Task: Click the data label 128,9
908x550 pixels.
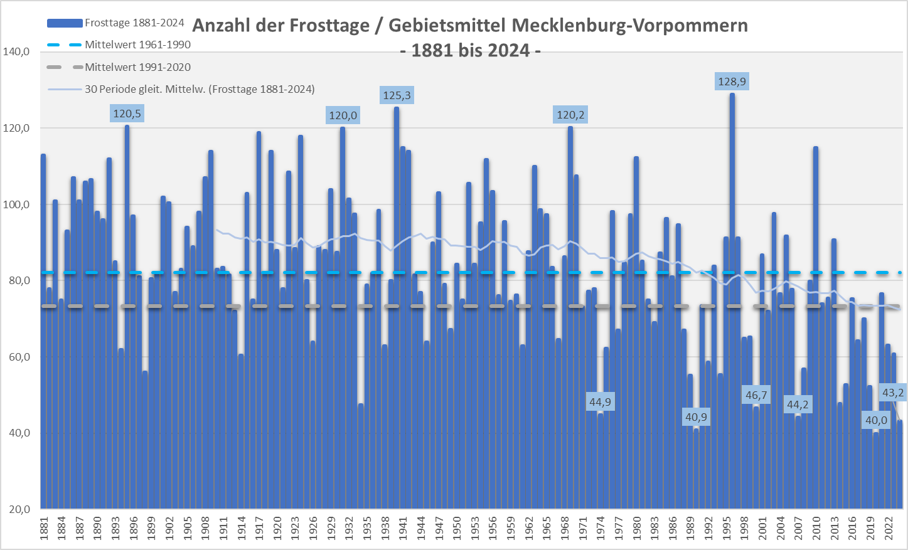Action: (732, 82)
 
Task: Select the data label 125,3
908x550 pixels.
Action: (397, 95)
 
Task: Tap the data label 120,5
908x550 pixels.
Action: (127, 114)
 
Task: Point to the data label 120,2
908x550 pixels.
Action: (570, 115)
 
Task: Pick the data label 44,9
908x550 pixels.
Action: (600, 402)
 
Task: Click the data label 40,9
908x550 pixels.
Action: (696, 417)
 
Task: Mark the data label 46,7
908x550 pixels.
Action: (756, 395)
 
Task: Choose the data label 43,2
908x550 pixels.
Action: (893, 393)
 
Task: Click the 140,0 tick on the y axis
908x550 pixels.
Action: (16, 52)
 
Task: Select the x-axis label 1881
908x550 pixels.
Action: (44, 528)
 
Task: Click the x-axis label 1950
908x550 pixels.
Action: (457, 528)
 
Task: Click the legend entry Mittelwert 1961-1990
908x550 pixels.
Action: (137, 45)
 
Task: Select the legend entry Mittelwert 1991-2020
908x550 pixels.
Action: (137, 67)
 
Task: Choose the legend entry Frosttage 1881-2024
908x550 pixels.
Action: (134, 23)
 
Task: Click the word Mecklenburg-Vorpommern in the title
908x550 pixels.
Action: (629, 26)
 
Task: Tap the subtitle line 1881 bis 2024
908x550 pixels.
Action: (471, 50)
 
